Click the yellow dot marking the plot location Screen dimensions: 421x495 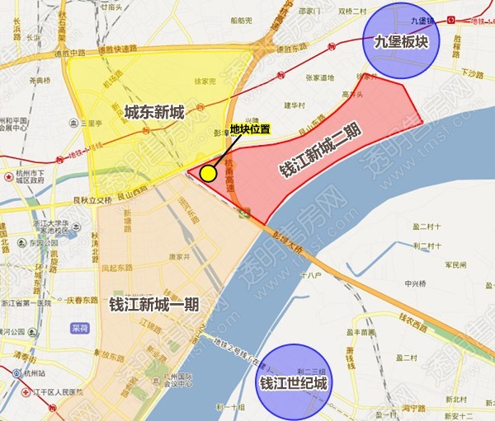pyautogui.click(x=208, y=173)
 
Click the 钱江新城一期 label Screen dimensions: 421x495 pyautogui.click(x=153, y=302)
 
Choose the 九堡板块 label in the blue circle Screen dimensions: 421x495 pyautogui.click(x=399, y=40)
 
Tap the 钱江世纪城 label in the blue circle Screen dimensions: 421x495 pyautogui.click(x=294, y=383)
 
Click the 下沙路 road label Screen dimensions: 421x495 pyautogui.click(x=472, y=73)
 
